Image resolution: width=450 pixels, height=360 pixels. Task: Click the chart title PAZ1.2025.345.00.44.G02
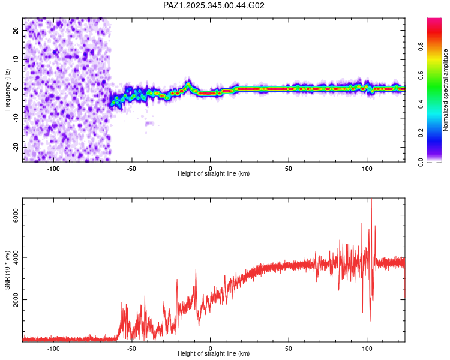coord(214,5)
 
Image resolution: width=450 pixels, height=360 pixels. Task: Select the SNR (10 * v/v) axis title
coord(7,270)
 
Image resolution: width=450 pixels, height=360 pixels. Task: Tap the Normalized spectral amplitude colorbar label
coord(445,90)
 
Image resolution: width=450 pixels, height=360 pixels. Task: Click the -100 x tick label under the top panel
coord(54,168)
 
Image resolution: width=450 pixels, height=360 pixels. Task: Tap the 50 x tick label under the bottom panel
coord(289,348)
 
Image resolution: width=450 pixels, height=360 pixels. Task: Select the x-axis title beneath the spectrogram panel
coord(214,174)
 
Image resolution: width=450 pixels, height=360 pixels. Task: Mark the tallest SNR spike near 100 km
coord(371,200)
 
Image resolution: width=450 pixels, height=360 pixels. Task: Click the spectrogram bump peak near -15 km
coord(188,84)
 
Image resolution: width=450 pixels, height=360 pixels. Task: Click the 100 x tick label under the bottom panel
coord(367,348)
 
